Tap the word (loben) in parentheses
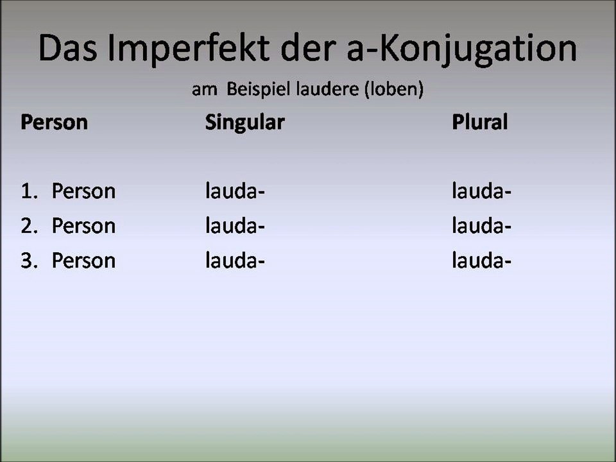[x=393, y=90]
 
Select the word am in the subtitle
[x=205, y=90]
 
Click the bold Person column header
[x=54, y=122]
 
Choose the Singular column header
[x=244, y=122]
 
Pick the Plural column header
[x=479, y=122]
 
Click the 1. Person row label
[x=68, y=191]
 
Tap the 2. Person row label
[x=68, y=226]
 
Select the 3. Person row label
[x=68, y=261]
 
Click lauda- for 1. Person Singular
[x=234, y=191]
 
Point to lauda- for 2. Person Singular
[x=234, y=226]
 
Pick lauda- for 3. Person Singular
[x=234, y=261]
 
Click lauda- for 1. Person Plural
[x=481, y=191]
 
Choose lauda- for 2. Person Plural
[x=481, y=226]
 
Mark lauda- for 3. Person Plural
[x=481, y=261]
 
